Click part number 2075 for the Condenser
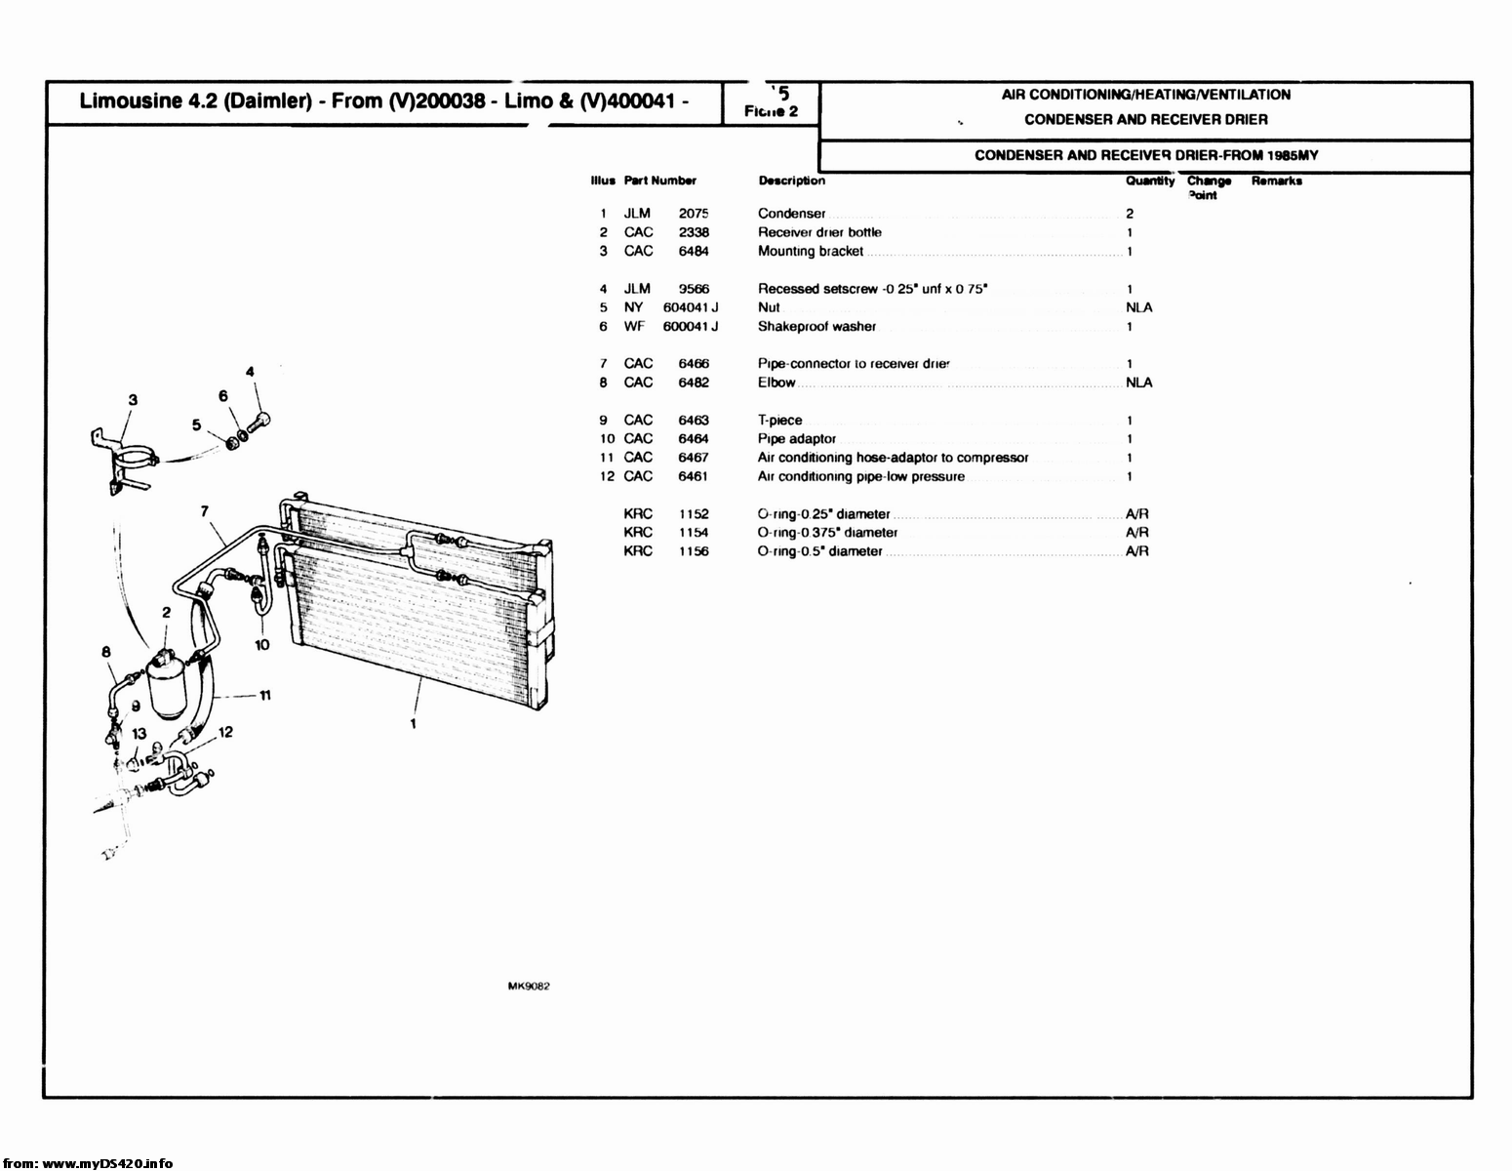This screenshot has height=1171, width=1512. coord(694,214)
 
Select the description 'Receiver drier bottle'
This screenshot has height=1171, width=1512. coord(819,232)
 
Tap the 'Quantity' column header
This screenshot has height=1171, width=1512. coord(1150,182)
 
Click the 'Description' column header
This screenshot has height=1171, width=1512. coord(791,181)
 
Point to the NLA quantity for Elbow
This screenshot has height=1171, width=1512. coord(1138,383)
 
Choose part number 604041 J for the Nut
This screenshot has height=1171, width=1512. coord(691,307)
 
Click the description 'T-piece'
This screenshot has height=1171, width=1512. coord(779,421)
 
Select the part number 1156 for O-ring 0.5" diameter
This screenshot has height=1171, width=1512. coord(694,551)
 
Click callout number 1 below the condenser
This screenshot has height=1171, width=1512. coord(414,724)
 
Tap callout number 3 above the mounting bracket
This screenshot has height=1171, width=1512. coord(133,399)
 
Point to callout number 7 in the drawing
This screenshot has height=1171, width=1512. coord(205,510)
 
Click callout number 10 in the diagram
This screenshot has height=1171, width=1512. coord(262,645)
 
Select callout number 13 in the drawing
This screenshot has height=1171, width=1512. coord(139,734)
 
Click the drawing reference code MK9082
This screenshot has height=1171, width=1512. coord(529,987)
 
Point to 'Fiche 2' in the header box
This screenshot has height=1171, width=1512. coord(771,111)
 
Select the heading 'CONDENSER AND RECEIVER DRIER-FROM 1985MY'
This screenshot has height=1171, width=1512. coord(1146,156)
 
